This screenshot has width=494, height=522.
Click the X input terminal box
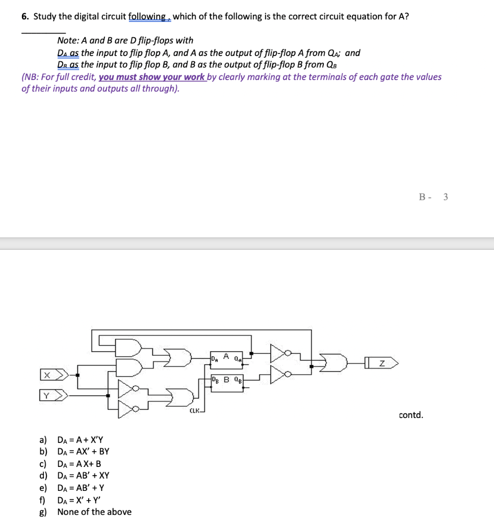pyautogui.click(x=46, y=376)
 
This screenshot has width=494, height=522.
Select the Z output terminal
pyautogui.click(x=384, y=363)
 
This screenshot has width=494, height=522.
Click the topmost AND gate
pyautogui.click(x=129, y=348)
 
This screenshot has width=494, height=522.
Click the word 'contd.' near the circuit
pyautogui.click(x=411, y=415)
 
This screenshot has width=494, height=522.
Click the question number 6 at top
pyautogui.click(x=24, y=16)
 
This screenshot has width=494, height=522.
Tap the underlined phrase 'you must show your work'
pyautogui.click(x=151, y=77)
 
